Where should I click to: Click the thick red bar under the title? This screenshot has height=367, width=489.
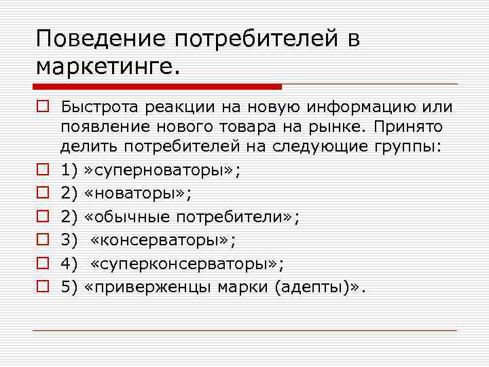[157, 87]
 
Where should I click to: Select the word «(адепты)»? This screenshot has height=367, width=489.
[308, 286]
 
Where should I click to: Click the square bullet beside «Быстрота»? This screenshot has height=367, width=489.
[42, 107]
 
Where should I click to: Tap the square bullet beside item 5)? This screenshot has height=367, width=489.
[42, 285]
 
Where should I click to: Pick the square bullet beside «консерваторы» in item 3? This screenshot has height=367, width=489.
[42, 239]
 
